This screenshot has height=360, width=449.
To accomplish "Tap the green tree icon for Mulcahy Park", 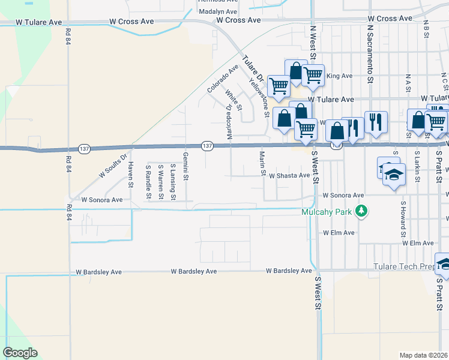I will [x=361, y=211].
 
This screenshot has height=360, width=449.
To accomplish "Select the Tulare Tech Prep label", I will [x=403, y=266].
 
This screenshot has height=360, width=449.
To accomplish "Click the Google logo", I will [x=20, y=353].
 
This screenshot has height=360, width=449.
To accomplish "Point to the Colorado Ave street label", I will [x=223, y=79].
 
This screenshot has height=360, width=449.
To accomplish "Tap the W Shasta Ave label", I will [x=289, y=176].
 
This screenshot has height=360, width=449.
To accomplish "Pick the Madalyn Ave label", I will [x=218, y=11].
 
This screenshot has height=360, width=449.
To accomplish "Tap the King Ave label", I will [x=339, y=76].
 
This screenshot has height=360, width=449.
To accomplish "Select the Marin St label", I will [x=262, y=164].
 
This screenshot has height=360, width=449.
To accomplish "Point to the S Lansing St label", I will [x=173, y=182].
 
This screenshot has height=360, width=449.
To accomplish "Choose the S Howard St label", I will [x=403, y=214].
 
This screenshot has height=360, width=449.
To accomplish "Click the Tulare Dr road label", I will [x=253, y=70].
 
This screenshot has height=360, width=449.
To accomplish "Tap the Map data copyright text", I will [x=424, y=355].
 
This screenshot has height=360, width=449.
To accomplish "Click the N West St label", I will [x=313, y=41].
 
